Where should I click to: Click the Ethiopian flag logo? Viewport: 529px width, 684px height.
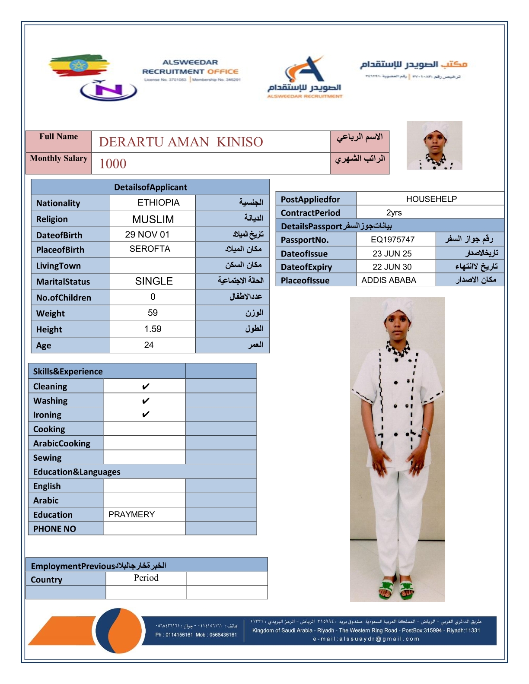pyautogui.click(x=78, y=66)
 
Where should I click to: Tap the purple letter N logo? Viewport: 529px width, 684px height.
pyautogui.click(x=108, y=90)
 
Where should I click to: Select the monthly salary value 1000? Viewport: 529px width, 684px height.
pyautogui.click(x=113, y=164)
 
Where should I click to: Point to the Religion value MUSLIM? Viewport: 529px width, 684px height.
pyautogui.click(x=153, y=219)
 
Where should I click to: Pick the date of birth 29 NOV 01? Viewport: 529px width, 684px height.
pyautogui.click(x=147, y=234)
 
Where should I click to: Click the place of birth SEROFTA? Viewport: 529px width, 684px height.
pyautogui.click(x=150, y=249)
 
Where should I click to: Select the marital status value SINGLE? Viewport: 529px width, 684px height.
pyautogui.click(x=154, y=281)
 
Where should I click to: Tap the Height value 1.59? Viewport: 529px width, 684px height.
pyautogui.click(x=153, y=329)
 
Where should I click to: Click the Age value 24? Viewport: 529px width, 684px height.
pyautogui.click(x=149, y=345)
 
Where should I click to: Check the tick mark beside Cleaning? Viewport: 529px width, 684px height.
pyautogui.click(x=146, y=386)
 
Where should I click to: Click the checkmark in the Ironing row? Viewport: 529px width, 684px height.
pyautogui.click(x=146, y=415)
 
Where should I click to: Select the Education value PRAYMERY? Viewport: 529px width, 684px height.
pyautogui.click(x=131, y=514)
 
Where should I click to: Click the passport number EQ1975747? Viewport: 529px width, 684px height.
pyautogui.click(x=392, y=240)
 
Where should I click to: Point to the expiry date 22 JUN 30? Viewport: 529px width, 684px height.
pyautogui.click(x=392, y=267)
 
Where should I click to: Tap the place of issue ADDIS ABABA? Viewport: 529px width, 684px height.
pyautogui.click(x=389, y=280)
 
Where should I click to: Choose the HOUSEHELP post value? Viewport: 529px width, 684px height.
pyautogui.click(x=431, y=199)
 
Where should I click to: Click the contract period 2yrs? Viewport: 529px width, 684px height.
pyautogui.click(x=394, y=212)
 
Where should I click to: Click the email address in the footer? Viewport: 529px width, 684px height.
pyautogui.click(x=366, y=639)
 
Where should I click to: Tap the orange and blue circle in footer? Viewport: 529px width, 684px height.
pyautogui.click(x=118, y=631)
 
